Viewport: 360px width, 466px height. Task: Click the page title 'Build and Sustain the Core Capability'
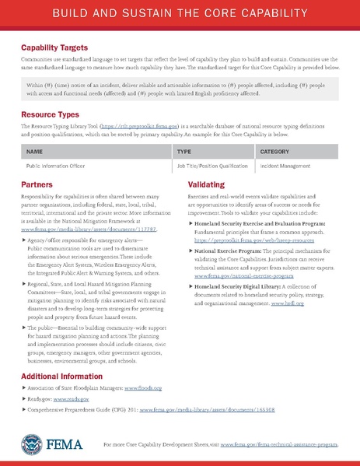pos(180,16)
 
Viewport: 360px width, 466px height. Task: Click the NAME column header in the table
pos(34,151)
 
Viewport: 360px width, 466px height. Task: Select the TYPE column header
pos(184,151)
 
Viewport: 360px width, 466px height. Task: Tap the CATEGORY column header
pos(274,151)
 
